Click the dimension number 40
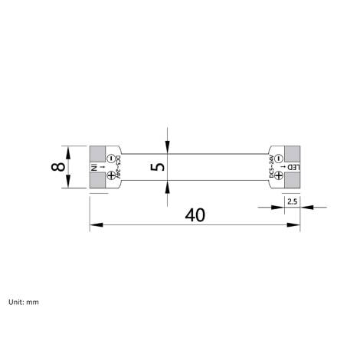195,215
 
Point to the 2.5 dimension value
292,201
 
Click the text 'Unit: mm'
23,302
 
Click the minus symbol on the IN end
111,159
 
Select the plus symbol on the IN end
111,176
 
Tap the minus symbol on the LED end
279,159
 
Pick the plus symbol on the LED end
279,176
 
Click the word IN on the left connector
94,167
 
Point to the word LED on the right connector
294,167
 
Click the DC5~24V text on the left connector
119,168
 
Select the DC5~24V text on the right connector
271,168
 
